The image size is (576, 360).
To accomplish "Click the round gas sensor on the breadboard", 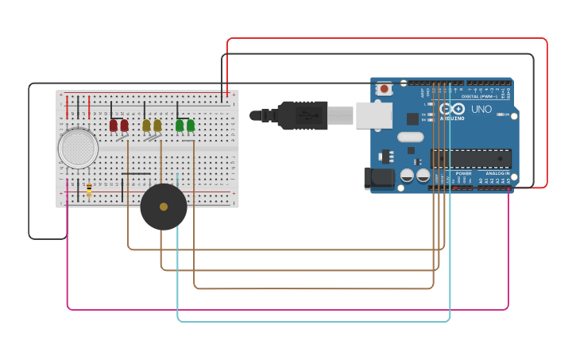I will [x=78, y=148].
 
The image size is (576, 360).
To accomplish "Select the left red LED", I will [x=114, y=126].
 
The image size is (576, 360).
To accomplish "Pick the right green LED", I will [x=191, y=126].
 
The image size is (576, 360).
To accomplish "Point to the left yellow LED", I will [x=146, y=126].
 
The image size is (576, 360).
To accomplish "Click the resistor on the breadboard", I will [x=89, y=189].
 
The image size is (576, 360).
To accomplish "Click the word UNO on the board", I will [x=481, y=109].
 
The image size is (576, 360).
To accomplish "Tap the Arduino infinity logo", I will [x=452, y=109].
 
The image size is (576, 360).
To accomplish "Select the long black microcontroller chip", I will [x=470, y=157].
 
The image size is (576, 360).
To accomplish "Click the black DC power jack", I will [x=378, y=178].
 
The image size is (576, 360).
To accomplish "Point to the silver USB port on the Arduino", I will [x=373, y=115].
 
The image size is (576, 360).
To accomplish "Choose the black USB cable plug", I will [x=302, y=115].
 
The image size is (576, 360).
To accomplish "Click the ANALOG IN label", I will [x=497, y=172].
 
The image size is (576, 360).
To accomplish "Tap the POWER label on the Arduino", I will [x=463, y=172].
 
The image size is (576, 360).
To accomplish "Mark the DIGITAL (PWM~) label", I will [x=482, y=97].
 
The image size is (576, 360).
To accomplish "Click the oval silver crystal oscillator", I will [x=412, y=136].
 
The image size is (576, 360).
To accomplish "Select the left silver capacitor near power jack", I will [x=407, y=175].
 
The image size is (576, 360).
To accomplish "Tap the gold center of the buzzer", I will [x=164, y=207].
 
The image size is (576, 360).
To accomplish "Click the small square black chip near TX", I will [x=412, y=118].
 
